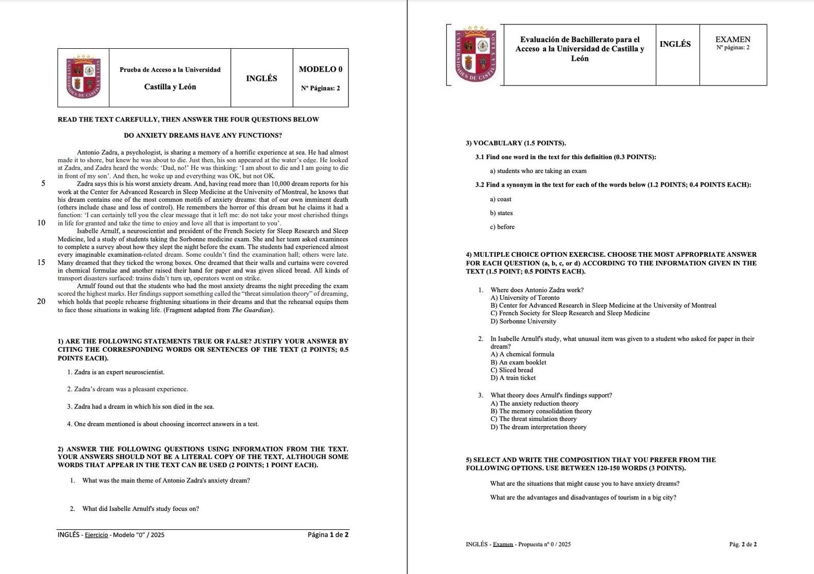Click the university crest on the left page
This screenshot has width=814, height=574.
coord(83,77)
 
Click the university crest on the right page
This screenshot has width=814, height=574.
coord(475,54)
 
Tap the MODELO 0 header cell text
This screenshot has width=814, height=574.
coord(321,69)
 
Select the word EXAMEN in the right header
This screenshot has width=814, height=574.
coord(733,39)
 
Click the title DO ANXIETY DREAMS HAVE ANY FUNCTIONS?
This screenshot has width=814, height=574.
coord(202,135)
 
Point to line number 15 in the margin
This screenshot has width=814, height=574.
coord(41,262)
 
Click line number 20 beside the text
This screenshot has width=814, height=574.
coord(41,301)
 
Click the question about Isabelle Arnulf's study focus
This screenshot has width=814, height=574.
coord(140,508)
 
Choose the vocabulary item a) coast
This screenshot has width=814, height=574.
coord(501,199)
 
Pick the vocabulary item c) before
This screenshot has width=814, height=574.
coord(502,227)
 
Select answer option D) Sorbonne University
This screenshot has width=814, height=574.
coord(523,321)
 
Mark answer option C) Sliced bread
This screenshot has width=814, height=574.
coord(512,370)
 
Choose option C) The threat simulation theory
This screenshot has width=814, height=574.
coord(533,419)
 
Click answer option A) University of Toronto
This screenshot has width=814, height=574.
coord(525,298)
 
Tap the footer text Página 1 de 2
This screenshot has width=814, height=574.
coord(328,534)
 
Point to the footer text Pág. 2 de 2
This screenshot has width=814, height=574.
coord(742,544)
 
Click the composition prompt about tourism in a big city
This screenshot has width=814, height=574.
coord(583,497)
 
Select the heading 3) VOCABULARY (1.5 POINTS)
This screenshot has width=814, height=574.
coord(516,143)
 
